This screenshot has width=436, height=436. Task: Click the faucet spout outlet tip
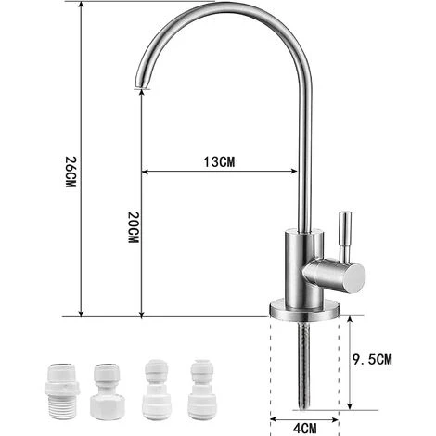click(140, 88)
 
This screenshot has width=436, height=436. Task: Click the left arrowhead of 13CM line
click(146, 171)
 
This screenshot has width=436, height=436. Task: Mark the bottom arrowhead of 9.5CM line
click(351, 405)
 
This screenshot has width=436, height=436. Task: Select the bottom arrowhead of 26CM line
click(82, 313)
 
